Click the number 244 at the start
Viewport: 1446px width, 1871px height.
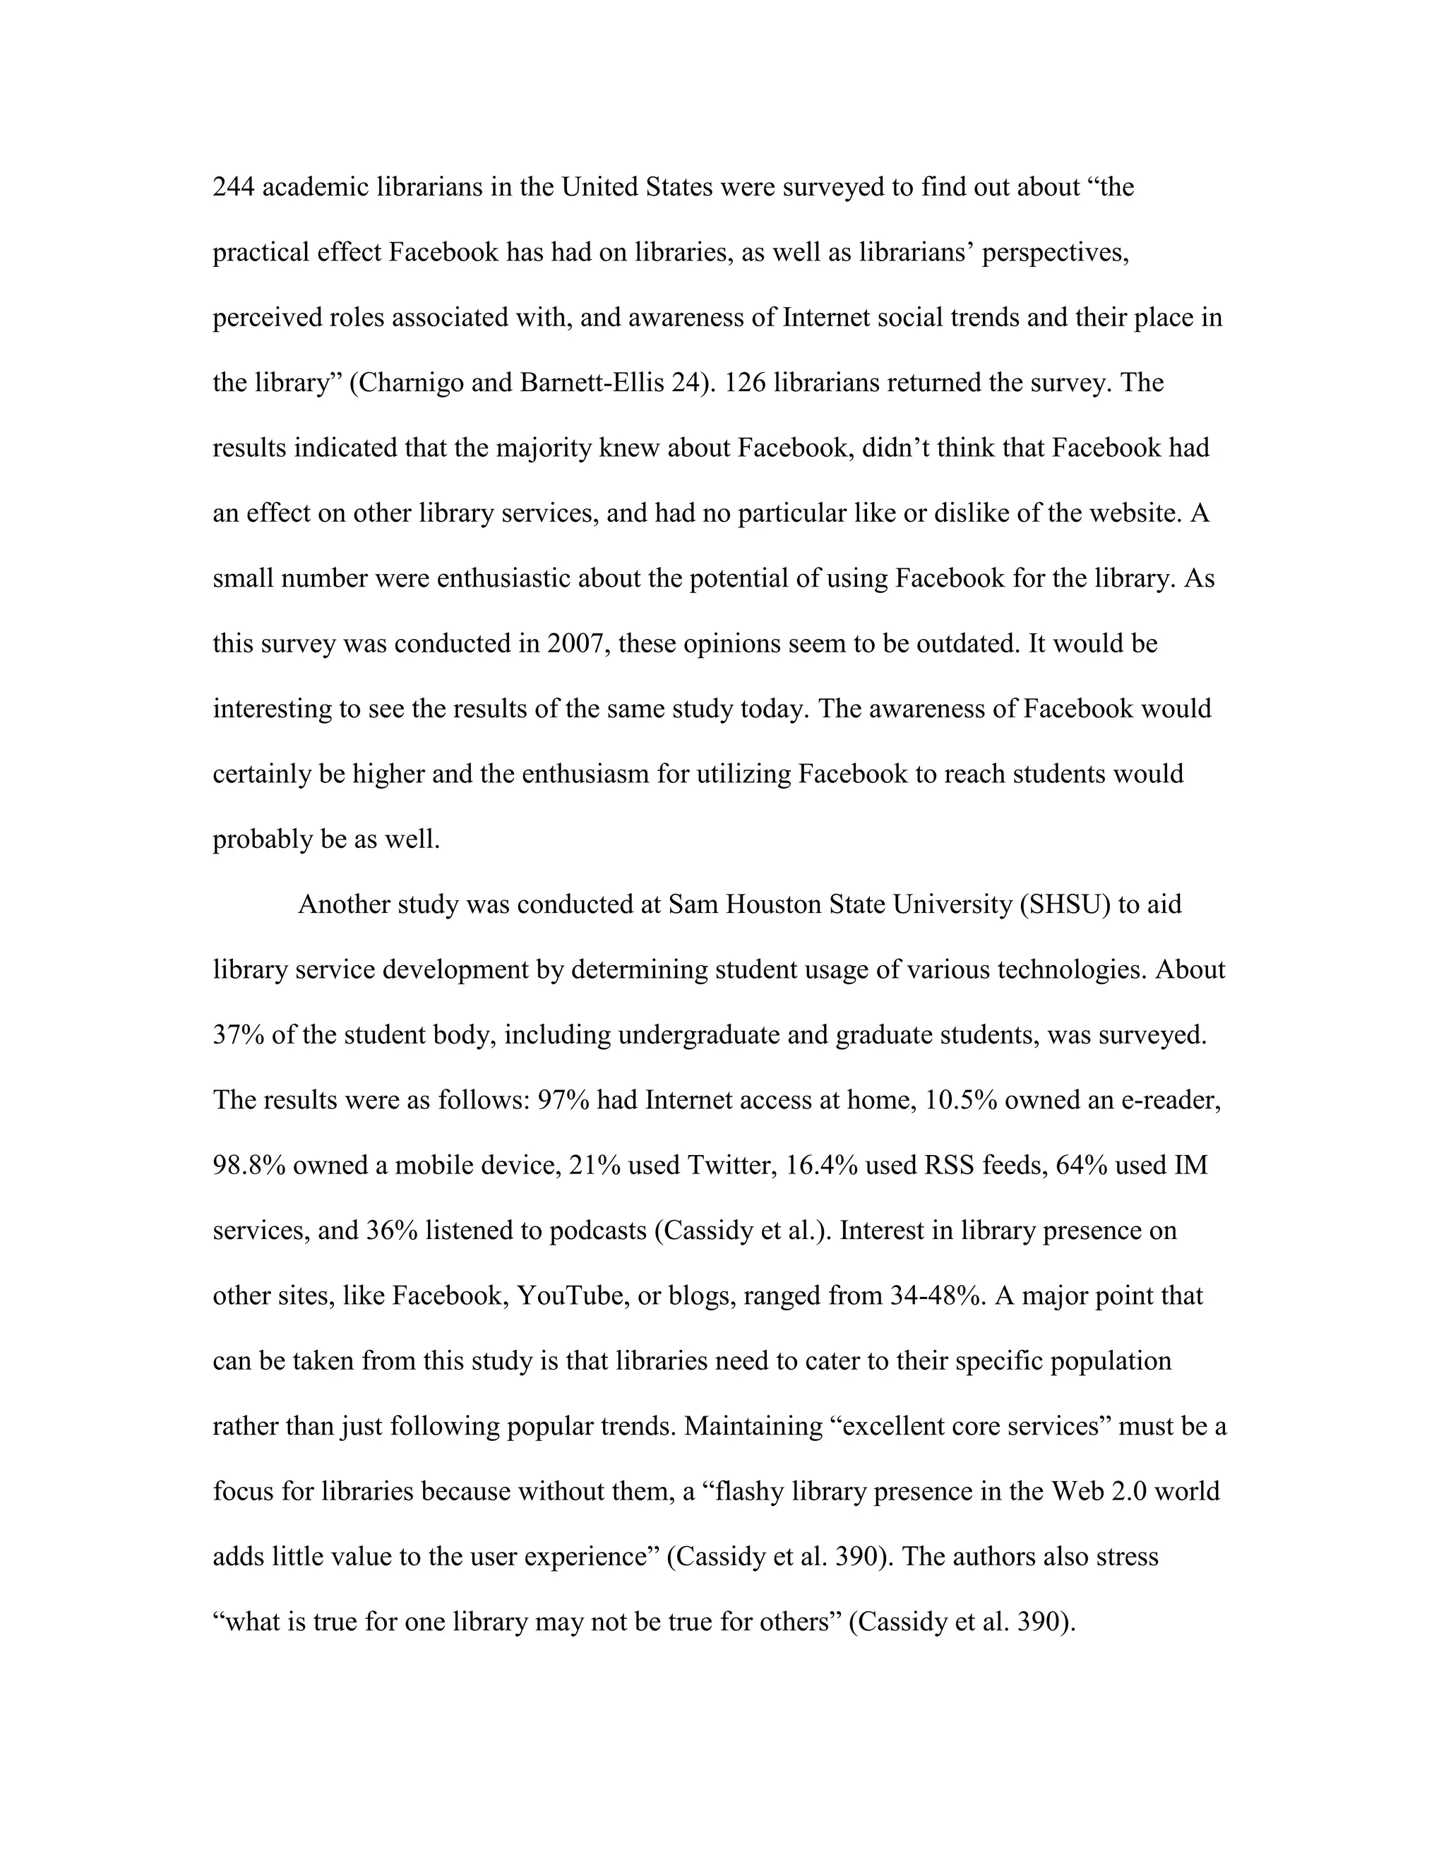[x=233, y=187]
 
